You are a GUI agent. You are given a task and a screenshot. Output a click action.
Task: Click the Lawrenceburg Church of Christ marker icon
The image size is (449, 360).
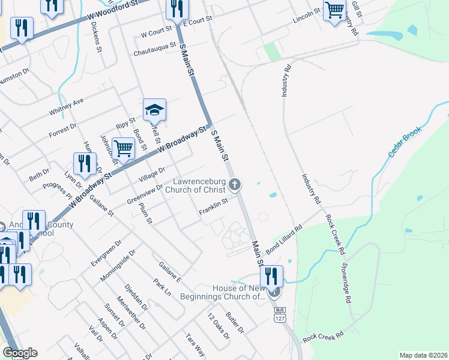(x=236, y=185)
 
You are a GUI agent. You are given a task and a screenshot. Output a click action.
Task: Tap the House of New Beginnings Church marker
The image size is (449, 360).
(x=274, y=292)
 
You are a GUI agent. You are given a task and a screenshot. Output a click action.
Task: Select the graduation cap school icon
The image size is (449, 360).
(x=154, y=110)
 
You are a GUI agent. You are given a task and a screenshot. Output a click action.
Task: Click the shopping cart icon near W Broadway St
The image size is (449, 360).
(x=123, y=147)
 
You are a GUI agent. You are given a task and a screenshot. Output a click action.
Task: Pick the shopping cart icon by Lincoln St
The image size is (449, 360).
(x=334, y=10)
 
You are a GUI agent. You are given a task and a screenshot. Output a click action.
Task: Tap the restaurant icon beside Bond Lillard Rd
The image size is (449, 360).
(x=271, y=277)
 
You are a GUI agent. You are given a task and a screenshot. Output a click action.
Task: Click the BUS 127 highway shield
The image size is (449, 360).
(x=279, y=314)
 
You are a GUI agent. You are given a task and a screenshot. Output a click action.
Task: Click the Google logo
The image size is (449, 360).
(x=20, y=352)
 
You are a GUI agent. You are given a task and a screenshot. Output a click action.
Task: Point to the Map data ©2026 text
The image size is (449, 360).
(x=423, y=355)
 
